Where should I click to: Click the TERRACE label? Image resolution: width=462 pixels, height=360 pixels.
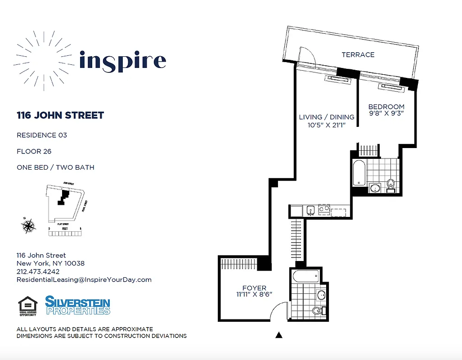358,55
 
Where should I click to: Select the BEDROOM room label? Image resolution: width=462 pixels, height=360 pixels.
386,107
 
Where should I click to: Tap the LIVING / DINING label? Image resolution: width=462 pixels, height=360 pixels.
327,117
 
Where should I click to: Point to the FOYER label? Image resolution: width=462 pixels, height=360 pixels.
254,288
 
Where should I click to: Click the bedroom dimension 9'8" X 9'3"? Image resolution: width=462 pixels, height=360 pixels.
386,113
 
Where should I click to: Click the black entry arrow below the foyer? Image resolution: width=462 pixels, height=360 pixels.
279,335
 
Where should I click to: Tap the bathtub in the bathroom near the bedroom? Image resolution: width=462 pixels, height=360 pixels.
359,173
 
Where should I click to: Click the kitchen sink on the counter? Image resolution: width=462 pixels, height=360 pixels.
310,210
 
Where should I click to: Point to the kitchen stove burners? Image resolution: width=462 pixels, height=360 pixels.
323,209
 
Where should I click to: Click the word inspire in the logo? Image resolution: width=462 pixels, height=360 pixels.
122,61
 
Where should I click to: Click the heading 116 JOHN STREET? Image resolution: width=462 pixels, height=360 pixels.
60,115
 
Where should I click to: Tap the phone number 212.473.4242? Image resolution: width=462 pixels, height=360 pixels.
38,271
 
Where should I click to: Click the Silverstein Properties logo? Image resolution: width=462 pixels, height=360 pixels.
77,305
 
